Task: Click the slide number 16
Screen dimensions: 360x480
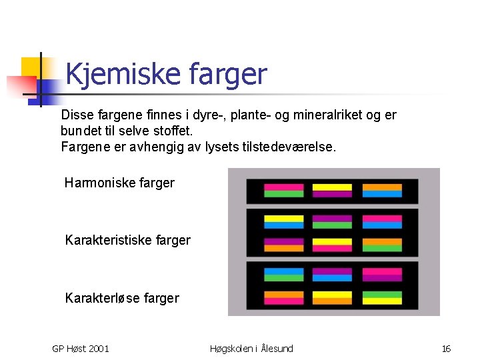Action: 446,349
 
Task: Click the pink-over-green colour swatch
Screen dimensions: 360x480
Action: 283,191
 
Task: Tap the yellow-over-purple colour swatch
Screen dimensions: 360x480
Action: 332,191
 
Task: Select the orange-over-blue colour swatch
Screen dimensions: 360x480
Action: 382,191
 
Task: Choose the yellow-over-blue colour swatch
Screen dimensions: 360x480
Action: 283,222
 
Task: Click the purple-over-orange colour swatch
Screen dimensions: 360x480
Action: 283,245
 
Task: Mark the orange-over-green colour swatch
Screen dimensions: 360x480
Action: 382,245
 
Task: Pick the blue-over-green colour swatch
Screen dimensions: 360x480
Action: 283,275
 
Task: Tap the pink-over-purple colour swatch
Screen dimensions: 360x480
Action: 382,275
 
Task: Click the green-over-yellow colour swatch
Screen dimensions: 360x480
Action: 382,297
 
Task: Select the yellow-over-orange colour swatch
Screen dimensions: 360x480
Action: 332,297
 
